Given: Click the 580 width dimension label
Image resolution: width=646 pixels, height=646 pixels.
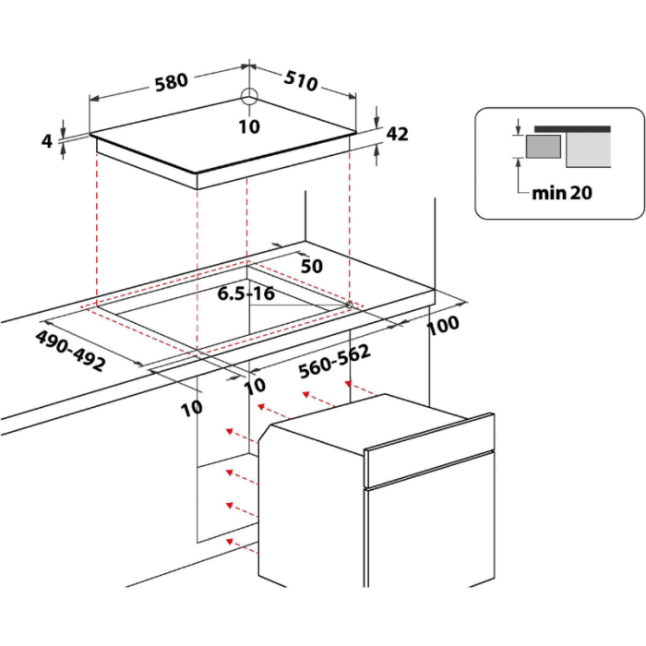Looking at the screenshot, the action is pos(172,82).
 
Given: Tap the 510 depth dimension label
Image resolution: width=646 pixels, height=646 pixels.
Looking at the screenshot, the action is pos(301,81).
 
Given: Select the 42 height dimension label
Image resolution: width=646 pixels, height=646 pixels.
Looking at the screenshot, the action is pos(397,134).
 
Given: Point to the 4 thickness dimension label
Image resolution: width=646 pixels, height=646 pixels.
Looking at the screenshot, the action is pos(47,141).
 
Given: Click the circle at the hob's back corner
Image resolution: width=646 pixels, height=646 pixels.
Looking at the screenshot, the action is pos(249,98).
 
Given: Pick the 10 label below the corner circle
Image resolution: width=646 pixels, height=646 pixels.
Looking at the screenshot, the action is pos(249,126).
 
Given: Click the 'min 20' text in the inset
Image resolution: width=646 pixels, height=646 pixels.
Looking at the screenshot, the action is pos(562,193).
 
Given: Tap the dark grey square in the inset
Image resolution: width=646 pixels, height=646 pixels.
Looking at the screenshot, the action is pos(544,146).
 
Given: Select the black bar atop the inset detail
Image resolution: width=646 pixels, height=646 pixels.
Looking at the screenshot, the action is pos(572,129).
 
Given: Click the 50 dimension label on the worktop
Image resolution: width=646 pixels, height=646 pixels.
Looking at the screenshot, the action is pos(312,266).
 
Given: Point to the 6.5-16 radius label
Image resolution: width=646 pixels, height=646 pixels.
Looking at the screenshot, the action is pos(246,293).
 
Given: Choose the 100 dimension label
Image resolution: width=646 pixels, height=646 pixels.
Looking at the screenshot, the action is pos(443,326).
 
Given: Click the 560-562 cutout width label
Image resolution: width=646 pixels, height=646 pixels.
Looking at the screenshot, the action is pos(334,362).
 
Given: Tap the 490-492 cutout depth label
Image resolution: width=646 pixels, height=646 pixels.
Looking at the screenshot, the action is pos(70,351).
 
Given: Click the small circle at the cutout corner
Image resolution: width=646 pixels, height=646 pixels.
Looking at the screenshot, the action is pos(349,305).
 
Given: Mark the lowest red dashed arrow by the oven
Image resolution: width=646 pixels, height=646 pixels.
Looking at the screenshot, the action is pos(242,546).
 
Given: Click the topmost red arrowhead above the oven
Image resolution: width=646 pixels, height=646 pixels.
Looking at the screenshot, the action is pos(348,384).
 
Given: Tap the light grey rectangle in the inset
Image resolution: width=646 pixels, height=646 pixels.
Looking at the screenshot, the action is pos(589,150).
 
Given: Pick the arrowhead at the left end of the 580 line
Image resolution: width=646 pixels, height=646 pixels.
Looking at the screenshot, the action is pos(94,99).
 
